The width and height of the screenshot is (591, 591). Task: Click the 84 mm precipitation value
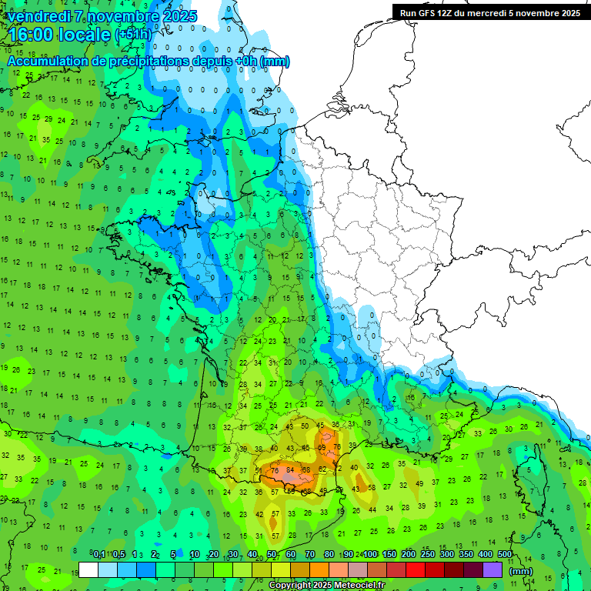[x=290, y=470]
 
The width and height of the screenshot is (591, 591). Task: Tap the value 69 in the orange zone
[x=322, y=448]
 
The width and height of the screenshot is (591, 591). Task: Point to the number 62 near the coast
[x=323, y=469]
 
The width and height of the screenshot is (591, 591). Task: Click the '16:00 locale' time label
[x=60, y=35]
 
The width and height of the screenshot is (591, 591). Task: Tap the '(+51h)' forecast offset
[x=133, y=35]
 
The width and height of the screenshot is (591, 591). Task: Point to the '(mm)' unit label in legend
[x=521, y=571]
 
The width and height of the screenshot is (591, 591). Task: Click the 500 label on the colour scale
[x=505, y=555]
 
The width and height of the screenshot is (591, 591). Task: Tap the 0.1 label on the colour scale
[x=99, y=555]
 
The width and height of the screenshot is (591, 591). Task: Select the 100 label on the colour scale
[x=370, y=555]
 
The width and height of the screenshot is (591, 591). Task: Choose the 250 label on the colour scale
[x=428, y=555]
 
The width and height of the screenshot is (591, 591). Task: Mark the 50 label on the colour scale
[x=272, y=555]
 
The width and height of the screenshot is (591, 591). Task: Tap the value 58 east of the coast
[x=372, y=487]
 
